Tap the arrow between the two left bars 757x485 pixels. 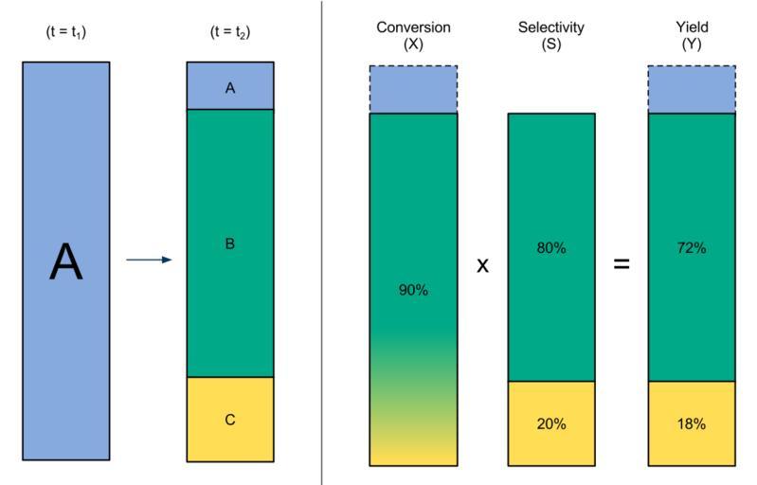point(149,260)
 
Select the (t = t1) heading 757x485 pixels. point(65,32)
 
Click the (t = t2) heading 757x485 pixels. point(229,32)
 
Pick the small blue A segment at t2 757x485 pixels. point(229,86)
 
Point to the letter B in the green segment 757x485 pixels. point(229,243)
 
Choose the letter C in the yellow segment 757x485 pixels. point(229,420)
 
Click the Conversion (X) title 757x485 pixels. point(413,34)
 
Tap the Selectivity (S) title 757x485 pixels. point(551,34)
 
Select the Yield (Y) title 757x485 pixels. point(691,34)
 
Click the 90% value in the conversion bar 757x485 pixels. point(413,290)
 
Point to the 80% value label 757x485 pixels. point(551,248)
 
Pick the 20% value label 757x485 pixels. point(551,423)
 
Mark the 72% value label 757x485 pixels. point(691,248)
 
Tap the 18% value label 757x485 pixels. point(691,423)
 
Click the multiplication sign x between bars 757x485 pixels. point(482,264)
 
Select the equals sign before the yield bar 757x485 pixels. point(621,264)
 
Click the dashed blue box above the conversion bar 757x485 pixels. point(413,89)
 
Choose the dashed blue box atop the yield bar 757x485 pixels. point(691,89)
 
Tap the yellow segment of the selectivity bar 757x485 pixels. point(551,407)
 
